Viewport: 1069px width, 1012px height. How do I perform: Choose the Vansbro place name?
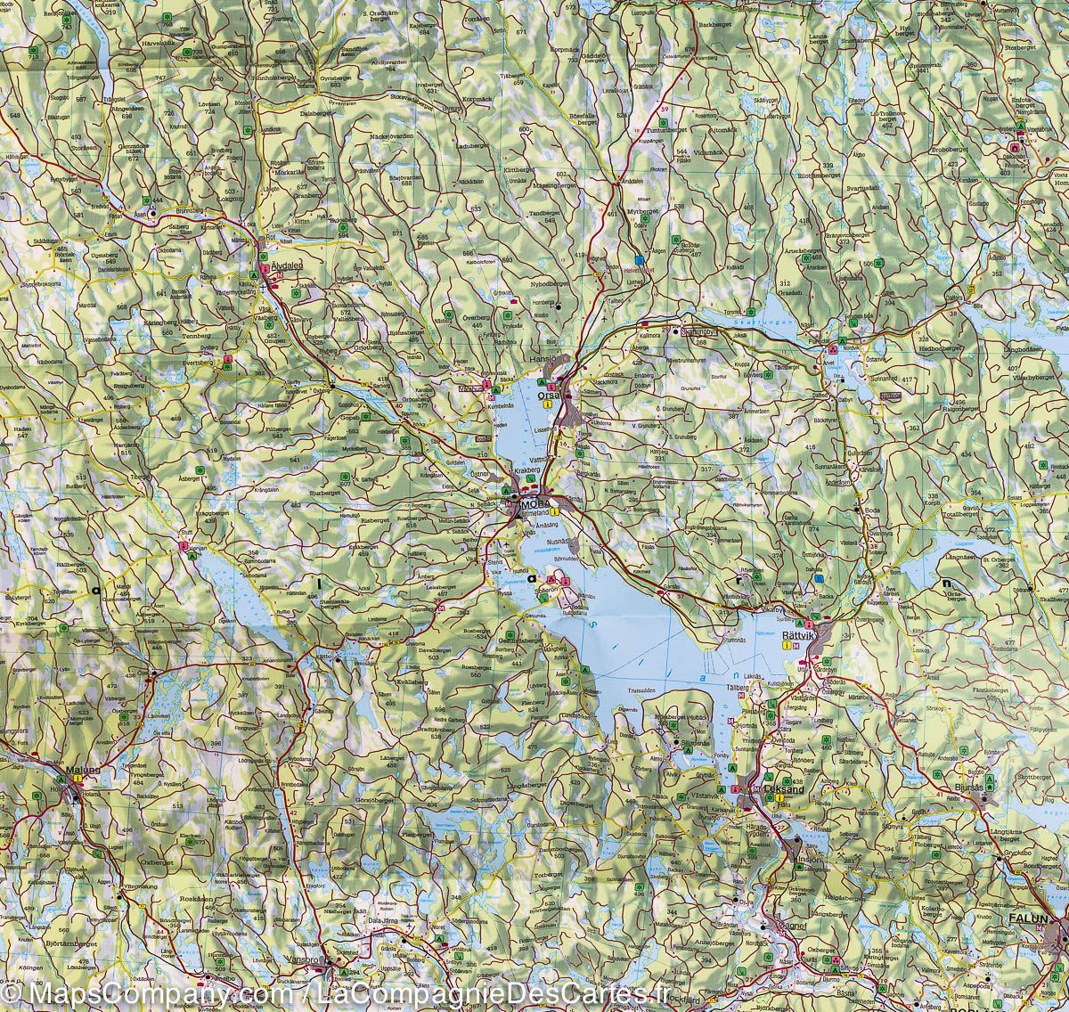click(304, 960)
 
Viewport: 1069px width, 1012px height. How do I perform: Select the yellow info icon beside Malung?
click(78, 779)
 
